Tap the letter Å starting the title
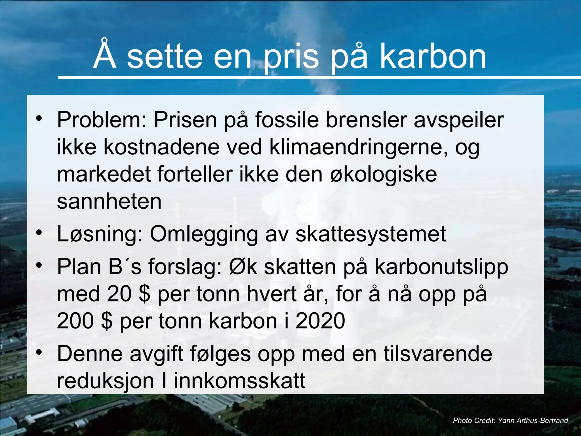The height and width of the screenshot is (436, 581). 105,55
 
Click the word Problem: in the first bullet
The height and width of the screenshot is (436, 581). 102,120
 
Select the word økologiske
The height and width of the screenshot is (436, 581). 384,175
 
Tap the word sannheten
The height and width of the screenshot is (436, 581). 109,202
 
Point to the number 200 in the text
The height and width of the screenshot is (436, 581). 75,321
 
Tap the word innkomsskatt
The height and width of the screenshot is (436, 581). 240,381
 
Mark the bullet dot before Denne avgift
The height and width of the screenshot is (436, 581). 39,352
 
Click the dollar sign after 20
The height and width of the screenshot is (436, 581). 145,294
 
